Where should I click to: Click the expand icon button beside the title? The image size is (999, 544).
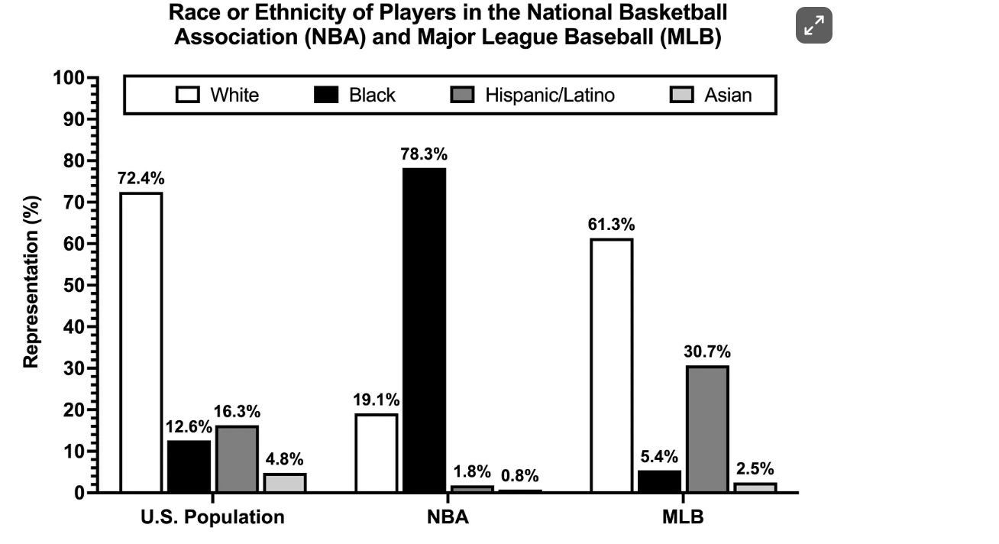click(814, 25)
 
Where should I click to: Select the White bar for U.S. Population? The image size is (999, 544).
click(141, 342)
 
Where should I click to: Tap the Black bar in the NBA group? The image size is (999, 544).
click(424, 330)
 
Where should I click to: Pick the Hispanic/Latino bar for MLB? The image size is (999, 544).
click(707, 429)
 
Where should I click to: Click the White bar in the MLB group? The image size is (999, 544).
click(612, 365)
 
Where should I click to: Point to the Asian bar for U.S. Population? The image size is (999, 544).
click(285, 483)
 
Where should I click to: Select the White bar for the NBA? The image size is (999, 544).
click(377, 453)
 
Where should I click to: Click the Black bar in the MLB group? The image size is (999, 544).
click(660, 481)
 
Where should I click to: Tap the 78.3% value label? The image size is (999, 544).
click(424, 154)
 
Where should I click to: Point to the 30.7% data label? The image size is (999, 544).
click(707, 351)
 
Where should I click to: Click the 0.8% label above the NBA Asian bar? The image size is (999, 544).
click(520, 476)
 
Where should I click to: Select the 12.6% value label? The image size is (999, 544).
click(189, 426)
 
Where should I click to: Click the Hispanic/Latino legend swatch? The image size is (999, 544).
click(462, 95)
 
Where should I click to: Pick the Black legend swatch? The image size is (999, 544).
click(326, 95)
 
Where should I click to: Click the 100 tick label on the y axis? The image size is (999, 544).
click(69, 78)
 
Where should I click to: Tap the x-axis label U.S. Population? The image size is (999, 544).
click(212, 516)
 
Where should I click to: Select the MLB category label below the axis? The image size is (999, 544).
click(683, 516)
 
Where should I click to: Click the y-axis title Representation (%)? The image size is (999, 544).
click(31, 282)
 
